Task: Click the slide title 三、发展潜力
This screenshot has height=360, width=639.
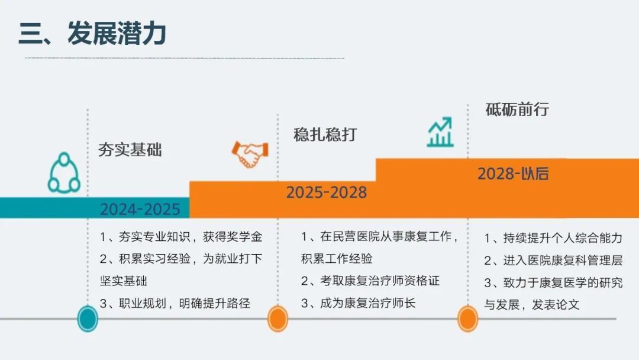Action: pyautogui.click(x=92, y=33)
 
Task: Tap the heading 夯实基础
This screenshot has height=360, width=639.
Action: pyautogui.click(x=130, y=150)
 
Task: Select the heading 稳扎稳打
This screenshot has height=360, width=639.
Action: pyautogui.click(x=325, y=134)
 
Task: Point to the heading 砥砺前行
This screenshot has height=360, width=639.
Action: pyautogui.click(x=517, y=110)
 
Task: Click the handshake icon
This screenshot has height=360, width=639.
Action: pyautogui.click(x=250, y=154)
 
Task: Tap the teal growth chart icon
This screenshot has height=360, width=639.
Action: pyautogui.click(x=441, y=131)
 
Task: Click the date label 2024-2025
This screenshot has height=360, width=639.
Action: pyautogui.click(x=140, y=209)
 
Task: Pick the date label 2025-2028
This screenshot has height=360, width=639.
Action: pyautogui.click(x=327, y=192)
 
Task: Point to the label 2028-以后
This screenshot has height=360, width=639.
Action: pyautogui.click(x=513, y=173)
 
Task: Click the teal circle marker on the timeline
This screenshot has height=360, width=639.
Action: pyautogui.click(x=88, y=319)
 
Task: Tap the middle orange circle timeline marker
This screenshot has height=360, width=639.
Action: pyautogui.click(x=278, y=319)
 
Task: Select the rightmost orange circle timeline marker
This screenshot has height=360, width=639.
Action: pyautogui.click(x=468, y=319)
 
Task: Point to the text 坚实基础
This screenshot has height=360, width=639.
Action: pyautogui.click(x=124, y=281)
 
